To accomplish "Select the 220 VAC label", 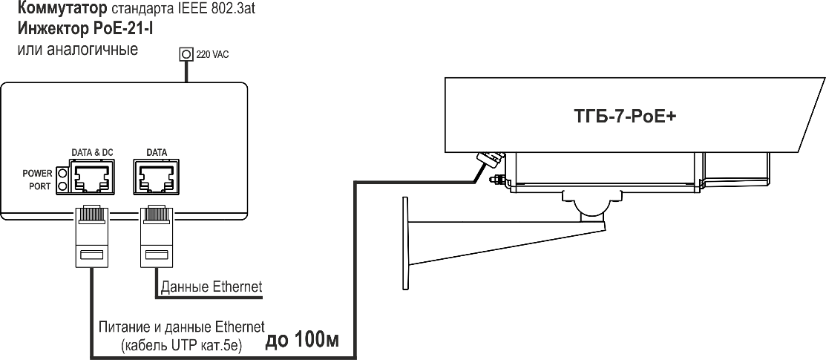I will (212, 54).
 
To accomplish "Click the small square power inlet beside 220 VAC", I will (186, 54).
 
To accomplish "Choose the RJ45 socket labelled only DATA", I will (155, 177).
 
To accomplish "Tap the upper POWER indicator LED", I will (63, 173).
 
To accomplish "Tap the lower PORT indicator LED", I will (63, 186).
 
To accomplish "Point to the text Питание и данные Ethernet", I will (182, 327).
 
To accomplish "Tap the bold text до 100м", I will (302, 341).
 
